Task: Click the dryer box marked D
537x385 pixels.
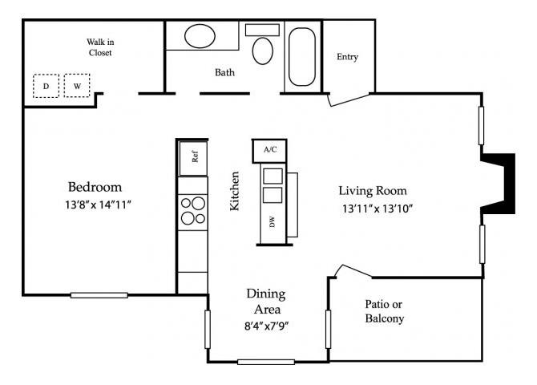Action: [x=46, y=86]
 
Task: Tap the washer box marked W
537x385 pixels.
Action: [x=78, y=86]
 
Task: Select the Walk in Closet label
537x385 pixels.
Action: [x=99, y=47]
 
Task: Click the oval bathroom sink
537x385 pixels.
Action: [x=200, y=37]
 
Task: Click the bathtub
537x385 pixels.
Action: [x=302, y=57]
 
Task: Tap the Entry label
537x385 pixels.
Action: [x=347, y=57]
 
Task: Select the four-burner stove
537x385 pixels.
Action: [x=193, y=211]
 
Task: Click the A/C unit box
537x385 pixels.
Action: [x=270, y=149]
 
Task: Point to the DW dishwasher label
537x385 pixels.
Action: [x=272, y=224]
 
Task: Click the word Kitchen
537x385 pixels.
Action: [x=235, y=191]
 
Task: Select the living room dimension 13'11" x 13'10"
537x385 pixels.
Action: [x=376, y=209]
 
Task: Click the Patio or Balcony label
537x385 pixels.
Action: [x=384, y=311]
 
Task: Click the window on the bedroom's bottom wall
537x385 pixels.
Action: [x=99, y=295]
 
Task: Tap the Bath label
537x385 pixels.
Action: [x=224, y=73]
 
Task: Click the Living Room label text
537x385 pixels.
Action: [x=373, y=191]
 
